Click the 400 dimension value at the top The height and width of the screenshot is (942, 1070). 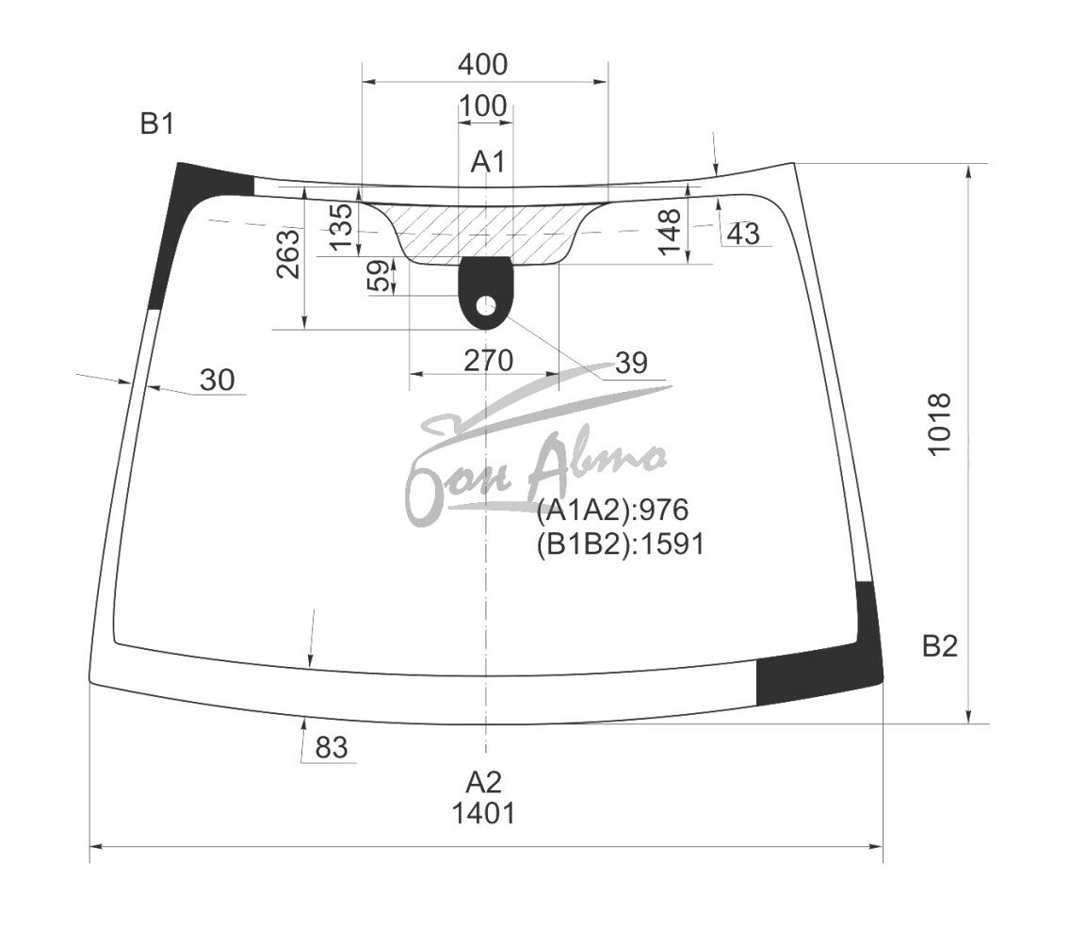(482, 64)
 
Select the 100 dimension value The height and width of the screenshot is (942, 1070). (482, 106)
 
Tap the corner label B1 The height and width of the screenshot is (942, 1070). (157, 123)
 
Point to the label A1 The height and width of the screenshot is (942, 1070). (488, 162)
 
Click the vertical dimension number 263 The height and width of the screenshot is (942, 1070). (288, 254)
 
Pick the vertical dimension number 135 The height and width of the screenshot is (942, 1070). (341, 226)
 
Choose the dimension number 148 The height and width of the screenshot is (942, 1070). (670, 232)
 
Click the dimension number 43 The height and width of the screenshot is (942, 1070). (743, 234)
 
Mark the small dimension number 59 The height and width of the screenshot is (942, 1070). (380, 275)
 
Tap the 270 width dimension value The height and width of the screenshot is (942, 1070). (489, 361)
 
